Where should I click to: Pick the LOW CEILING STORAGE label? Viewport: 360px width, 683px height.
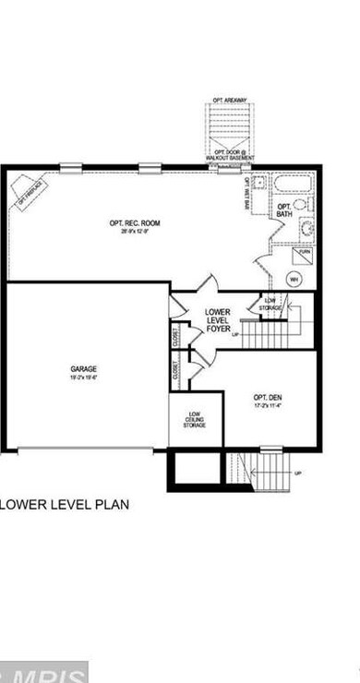[x=194, y=420]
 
